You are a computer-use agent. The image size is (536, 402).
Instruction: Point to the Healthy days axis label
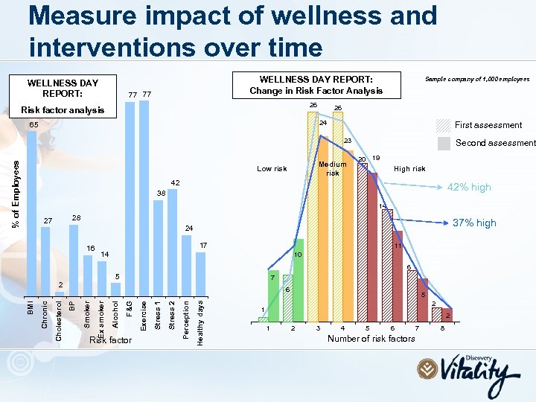tap(201, 322)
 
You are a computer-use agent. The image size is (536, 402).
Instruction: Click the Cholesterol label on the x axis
tap(59, 320)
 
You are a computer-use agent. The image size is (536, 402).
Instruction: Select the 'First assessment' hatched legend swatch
tap(443, 125)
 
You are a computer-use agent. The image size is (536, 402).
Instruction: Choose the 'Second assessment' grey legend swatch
tap(443, 142)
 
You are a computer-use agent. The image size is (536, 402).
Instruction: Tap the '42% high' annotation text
tap(469, 187)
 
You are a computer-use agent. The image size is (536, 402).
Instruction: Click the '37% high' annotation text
tap(474, 223)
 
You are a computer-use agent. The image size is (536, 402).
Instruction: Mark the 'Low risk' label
tap(272, 168)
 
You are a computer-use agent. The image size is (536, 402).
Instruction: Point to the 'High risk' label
tap(409, 168)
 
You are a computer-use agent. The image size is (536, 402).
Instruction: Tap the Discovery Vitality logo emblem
tap(427, 369)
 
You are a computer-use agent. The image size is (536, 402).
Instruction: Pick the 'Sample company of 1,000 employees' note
tap(476, 78)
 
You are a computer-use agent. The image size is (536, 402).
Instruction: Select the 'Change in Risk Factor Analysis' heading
tap(316, 91)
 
